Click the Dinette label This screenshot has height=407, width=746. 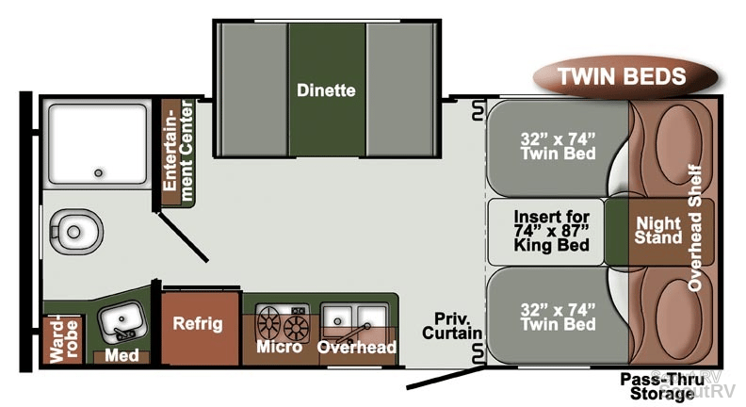click(326, 90)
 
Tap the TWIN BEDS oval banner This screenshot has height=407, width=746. click(624, 76)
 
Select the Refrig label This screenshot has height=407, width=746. click(198, 324)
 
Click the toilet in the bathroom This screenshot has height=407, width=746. click(76, 232)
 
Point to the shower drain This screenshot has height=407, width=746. click(99, 172)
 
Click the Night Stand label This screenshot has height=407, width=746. click(658, 231)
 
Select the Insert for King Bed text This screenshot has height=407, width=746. click(551, 231)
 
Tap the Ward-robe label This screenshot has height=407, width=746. click(63, 339)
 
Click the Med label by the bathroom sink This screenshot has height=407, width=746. click(122, 355)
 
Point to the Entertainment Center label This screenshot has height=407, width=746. click(178, 151)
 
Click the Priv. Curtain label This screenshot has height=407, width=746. click(452, 326)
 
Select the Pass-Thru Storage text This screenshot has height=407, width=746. click(662, 386)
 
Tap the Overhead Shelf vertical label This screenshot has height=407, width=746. click(695, 227)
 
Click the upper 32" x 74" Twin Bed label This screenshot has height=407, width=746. click(558, 146)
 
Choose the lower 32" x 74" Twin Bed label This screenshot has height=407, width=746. click(558, 317)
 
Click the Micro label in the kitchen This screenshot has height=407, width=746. click(279, 347)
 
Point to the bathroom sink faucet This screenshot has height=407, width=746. click(124, 334)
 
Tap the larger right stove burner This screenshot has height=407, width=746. click(297, 329)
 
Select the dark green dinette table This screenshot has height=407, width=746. click(328, 89)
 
